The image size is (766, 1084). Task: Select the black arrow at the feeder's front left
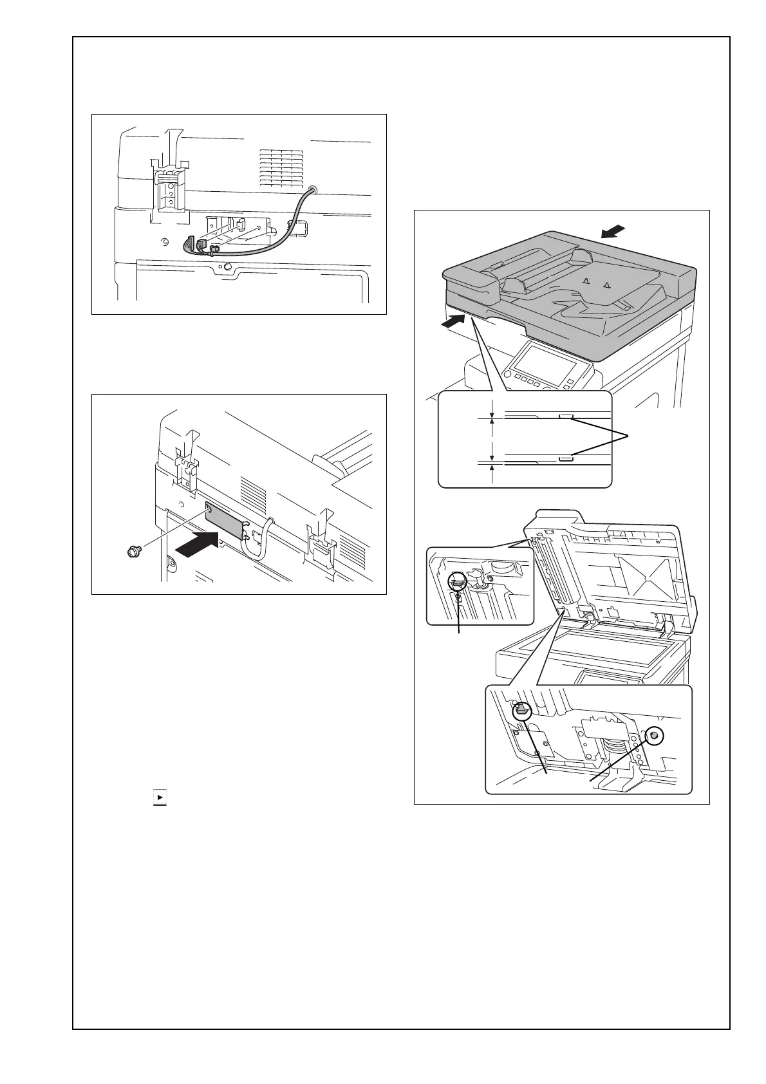click(453, 322)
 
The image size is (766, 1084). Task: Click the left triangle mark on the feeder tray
click(585, 281)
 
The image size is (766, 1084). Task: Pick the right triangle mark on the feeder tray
click(605, 284)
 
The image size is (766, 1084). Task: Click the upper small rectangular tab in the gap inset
click(565, 416)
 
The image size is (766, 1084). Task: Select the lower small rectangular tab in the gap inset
click(565, 459)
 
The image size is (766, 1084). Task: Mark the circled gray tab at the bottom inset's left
click(521, 711)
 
